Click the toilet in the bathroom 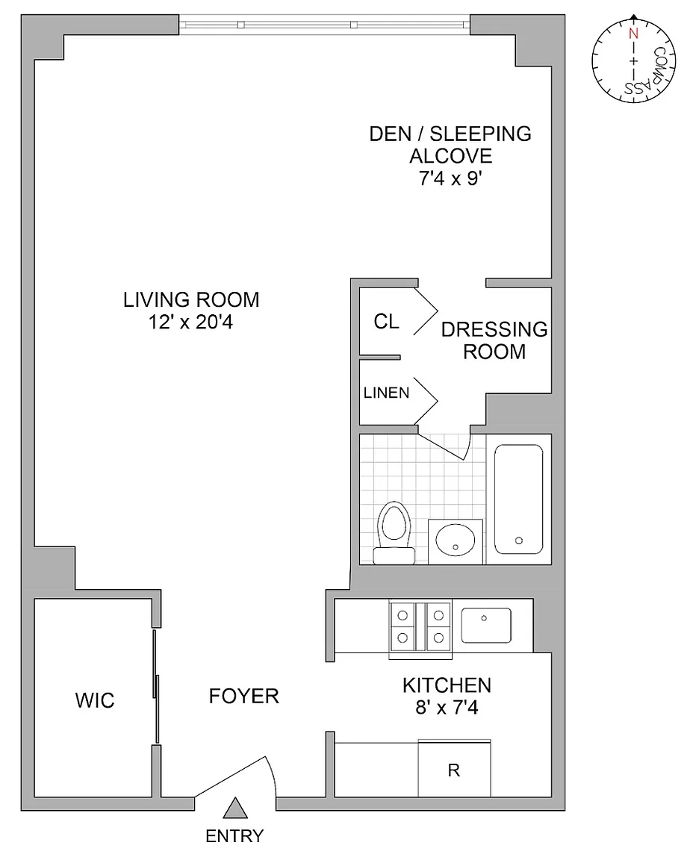(394, 532)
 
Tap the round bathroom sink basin (456, 540)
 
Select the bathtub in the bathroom (518, 499)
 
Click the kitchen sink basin (486, 626)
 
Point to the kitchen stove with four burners (420, 629)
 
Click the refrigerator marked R (454, 768)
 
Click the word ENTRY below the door (234, 836)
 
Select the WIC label (95, 700)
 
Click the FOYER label (244, 696)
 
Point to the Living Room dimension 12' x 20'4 (191, 322)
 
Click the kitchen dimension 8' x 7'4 (447, 708)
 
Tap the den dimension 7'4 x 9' (450, 178)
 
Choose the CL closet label (386, 322)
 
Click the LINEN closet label (386, 393)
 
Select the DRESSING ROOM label (494, 340)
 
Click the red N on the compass (633, 34)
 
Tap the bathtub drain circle (519, 540)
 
